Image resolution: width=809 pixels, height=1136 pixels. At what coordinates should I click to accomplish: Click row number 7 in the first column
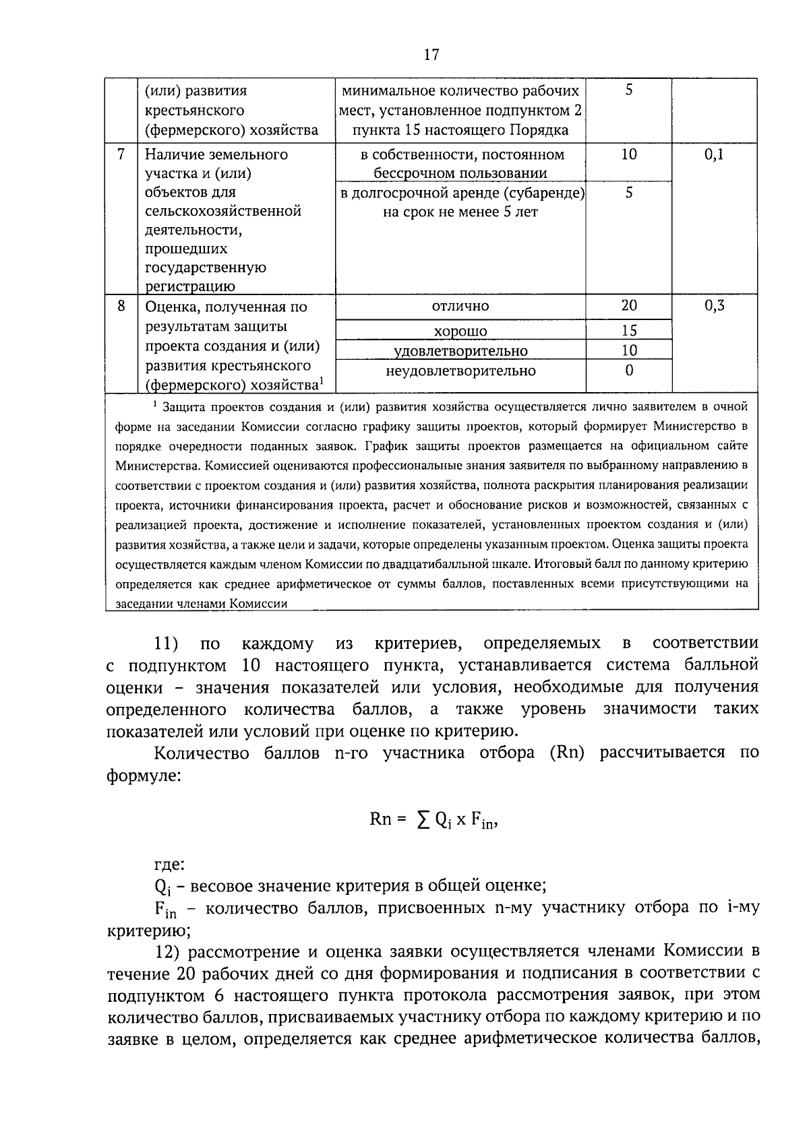(121, 154)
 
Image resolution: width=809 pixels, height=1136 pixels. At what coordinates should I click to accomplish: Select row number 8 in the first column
(121, 306)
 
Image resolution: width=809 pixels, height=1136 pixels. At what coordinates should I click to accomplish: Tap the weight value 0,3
(714, 306)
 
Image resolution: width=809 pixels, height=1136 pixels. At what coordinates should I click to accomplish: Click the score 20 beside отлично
(628, 306)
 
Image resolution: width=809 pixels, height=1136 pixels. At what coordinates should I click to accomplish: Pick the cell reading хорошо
(460, 331)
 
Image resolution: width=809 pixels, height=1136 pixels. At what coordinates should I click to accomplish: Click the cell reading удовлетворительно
(460, 351)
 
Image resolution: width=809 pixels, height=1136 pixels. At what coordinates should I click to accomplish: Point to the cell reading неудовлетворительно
(460, 371)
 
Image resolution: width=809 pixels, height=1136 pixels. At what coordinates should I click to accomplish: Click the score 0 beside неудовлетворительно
(628, 371)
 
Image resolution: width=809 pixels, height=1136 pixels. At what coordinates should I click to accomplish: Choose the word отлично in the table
(460, 307)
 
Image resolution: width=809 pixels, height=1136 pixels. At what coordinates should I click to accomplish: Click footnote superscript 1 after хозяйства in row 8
(322, 381)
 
